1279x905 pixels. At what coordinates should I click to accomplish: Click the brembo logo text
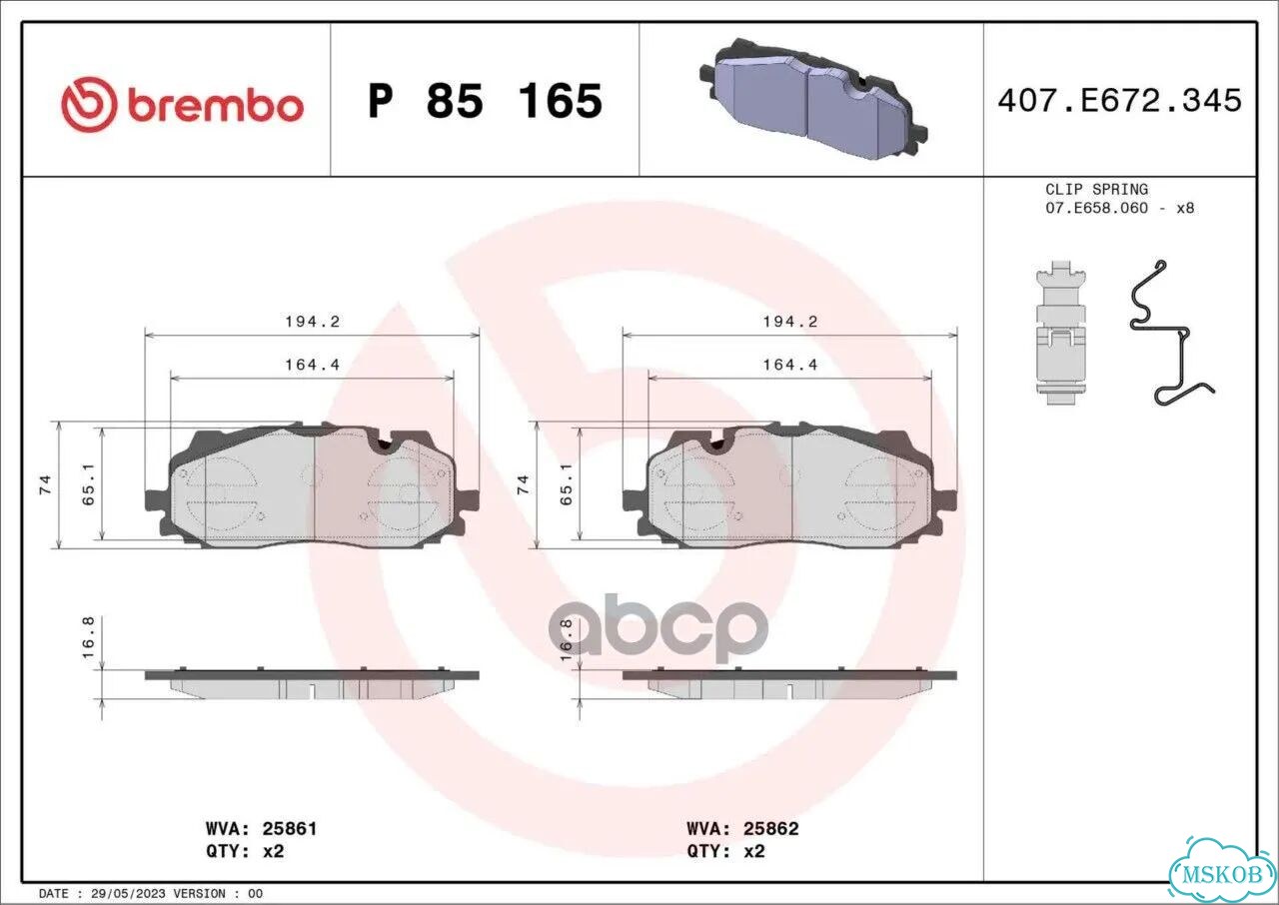point(215,107)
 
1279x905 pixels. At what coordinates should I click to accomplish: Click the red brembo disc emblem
point(89,105)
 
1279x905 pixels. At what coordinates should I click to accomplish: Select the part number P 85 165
point(485,101)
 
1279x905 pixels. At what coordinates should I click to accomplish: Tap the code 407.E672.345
point(1120,101)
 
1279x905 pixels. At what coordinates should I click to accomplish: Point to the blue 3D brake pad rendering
point(813,98)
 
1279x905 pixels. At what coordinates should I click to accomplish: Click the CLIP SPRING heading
point(1096,189)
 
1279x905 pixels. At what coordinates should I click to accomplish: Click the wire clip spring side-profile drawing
point(1170,333)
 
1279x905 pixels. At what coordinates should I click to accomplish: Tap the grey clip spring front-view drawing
point(1060,333)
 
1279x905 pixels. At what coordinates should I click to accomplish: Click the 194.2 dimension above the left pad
point(313,322)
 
